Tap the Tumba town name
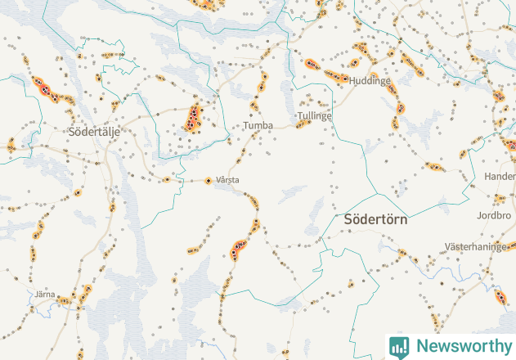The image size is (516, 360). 258,126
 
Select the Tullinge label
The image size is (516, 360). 315,116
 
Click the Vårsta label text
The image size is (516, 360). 227,180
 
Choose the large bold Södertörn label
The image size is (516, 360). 375,220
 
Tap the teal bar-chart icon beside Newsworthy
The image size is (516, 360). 399,346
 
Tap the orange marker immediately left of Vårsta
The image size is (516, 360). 208,180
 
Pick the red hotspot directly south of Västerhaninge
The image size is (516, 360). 500,295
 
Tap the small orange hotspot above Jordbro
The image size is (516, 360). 500,199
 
